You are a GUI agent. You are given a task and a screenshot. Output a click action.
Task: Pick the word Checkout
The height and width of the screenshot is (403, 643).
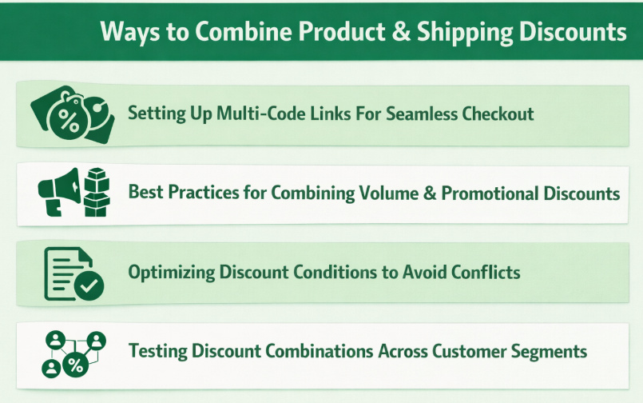click(501, 113)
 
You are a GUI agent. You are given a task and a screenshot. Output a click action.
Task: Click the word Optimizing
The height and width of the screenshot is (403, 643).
click(171, 272)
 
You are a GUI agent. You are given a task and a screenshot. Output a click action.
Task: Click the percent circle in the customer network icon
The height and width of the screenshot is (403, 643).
click(75, 365)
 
